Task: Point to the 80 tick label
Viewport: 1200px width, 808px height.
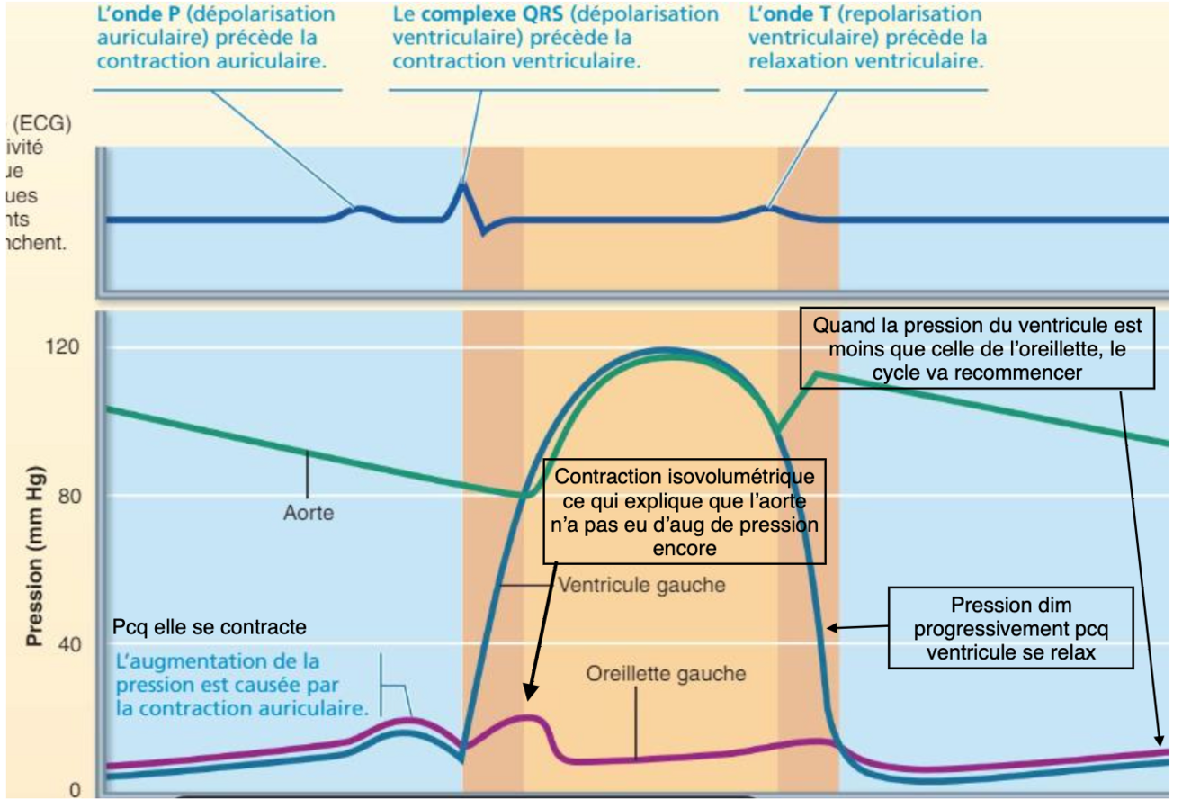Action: [69, 496]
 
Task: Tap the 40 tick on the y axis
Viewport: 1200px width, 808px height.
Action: [69, 644]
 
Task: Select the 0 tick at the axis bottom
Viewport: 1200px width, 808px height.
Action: [75, 790]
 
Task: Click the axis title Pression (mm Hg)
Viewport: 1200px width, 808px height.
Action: [35, 556]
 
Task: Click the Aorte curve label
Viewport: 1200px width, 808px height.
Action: [309, 513]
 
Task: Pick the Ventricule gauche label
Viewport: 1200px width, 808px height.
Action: [641, 586]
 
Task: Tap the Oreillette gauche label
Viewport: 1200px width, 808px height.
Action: [666, 674]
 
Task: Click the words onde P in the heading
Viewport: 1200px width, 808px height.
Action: [147, 14]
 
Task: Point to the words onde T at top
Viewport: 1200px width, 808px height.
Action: [798, 14]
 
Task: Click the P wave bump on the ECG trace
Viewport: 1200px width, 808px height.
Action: [360, 210]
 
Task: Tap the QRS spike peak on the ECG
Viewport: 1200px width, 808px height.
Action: [462, 184]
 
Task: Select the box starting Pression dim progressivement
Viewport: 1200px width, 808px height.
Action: [1010, 628]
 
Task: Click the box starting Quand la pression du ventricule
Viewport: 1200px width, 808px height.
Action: [977, 349]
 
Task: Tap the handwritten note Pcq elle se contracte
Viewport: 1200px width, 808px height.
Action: [210, 627]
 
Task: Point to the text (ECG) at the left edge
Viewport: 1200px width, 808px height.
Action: [40, 123]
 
